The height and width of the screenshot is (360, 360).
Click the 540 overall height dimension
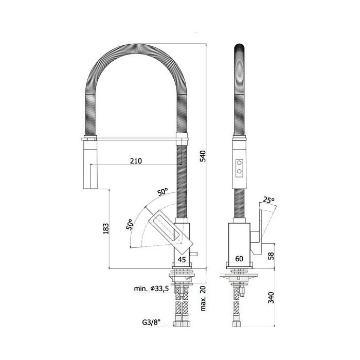point(203,156)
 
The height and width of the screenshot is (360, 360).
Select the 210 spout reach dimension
point(136,161)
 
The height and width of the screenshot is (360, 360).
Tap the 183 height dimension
point(106,228)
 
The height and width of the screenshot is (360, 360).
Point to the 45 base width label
point(182,259)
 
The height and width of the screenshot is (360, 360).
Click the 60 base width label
point(239,259)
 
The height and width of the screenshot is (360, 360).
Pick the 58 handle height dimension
point(271,256)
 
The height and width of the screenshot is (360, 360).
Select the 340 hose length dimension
point(271,298)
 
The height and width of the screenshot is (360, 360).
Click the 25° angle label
point(268,200)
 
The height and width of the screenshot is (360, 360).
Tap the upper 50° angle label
point(163,192)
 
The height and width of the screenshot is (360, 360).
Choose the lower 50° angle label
point(130,225)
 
